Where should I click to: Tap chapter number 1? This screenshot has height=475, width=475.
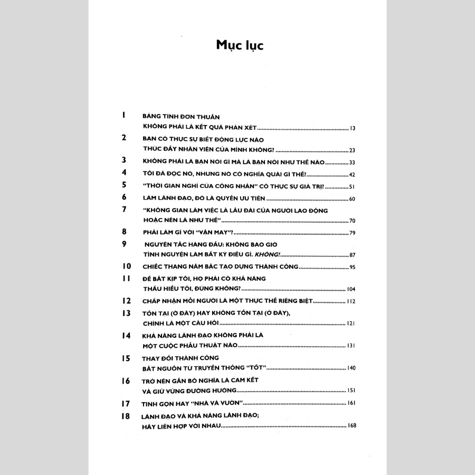tap(122, 115)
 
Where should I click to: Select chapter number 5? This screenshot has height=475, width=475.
tap(124, 185)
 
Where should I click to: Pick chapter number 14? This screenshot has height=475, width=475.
tap(126, 335)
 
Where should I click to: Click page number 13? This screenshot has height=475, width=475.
tap(353, 129)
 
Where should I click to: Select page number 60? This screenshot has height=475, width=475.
tap(353, 199)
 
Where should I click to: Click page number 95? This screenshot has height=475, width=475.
tap(353, 267)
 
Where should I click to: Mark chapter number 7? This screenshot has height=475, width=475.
tap(124, 209)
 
